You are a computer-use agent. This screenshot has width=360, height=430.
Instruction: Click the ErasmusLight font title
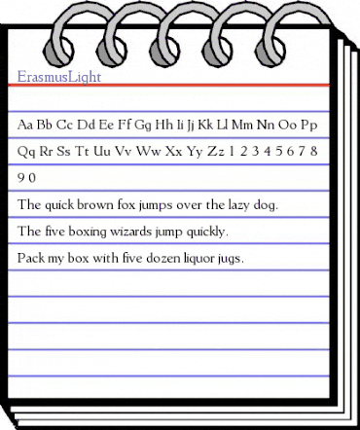click(59, 75)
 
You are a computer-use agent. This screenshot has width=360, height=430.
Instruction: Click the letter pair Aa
click(27, 125)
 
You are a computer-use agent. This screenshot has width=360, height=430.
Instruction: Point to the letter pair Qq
click(27, 153)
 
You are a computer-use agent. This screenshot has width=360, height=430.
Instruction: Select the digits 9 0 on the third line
click(27, 179)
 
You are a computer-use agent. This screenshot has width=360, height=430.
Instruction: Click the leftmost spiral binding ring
click(51, 32)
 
